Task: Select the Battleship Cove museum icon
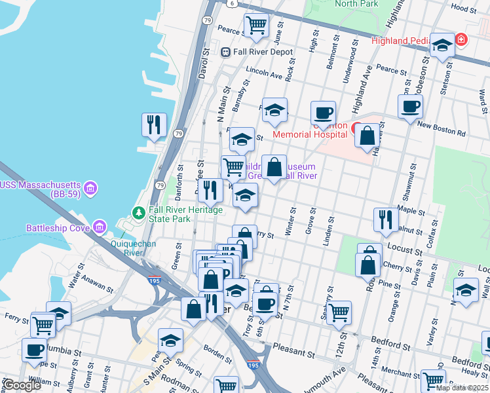point(100,227)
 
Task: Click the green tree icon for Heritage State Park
point(138,213)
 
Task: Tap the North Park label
point(356,4)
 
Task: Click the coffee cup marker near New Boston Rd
point(410,106)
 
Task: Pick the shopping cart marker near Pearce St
point(256,26)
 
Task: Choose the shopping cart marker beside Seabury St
point(339,312)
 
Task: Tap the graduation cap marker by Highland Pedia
point(442,46)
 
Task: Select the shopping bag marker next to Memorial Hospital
point(368,136)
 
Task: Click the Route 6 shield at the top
point(232,3)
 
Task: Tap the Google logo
point(21,385)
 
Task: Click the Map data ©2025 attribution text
point(461,388)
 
